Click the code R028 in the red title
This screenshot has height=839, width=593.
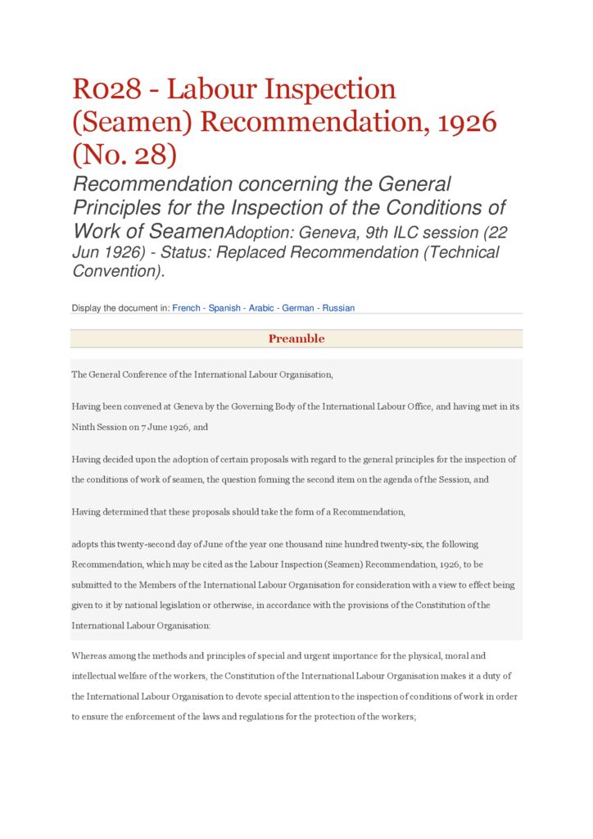[x=106, y=89]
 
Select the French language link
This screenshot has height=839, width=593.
[x=186, y=308]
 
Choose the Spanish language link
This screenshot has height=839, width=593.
[x=224, y=308]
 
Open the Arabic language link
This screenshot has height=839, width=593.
[x=261, y=308]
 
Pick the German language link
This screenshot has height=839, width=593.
[x=298, y=308]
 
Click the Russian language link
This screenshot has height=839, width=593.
[x=338, y=308]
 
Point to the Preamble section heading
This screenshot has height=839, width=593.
[x=296, y=339]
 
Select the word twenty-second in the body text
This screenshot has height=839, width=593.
[x=158, y=544]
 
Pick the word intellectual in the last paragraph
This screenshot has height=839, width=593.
[x=97, y=676]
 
